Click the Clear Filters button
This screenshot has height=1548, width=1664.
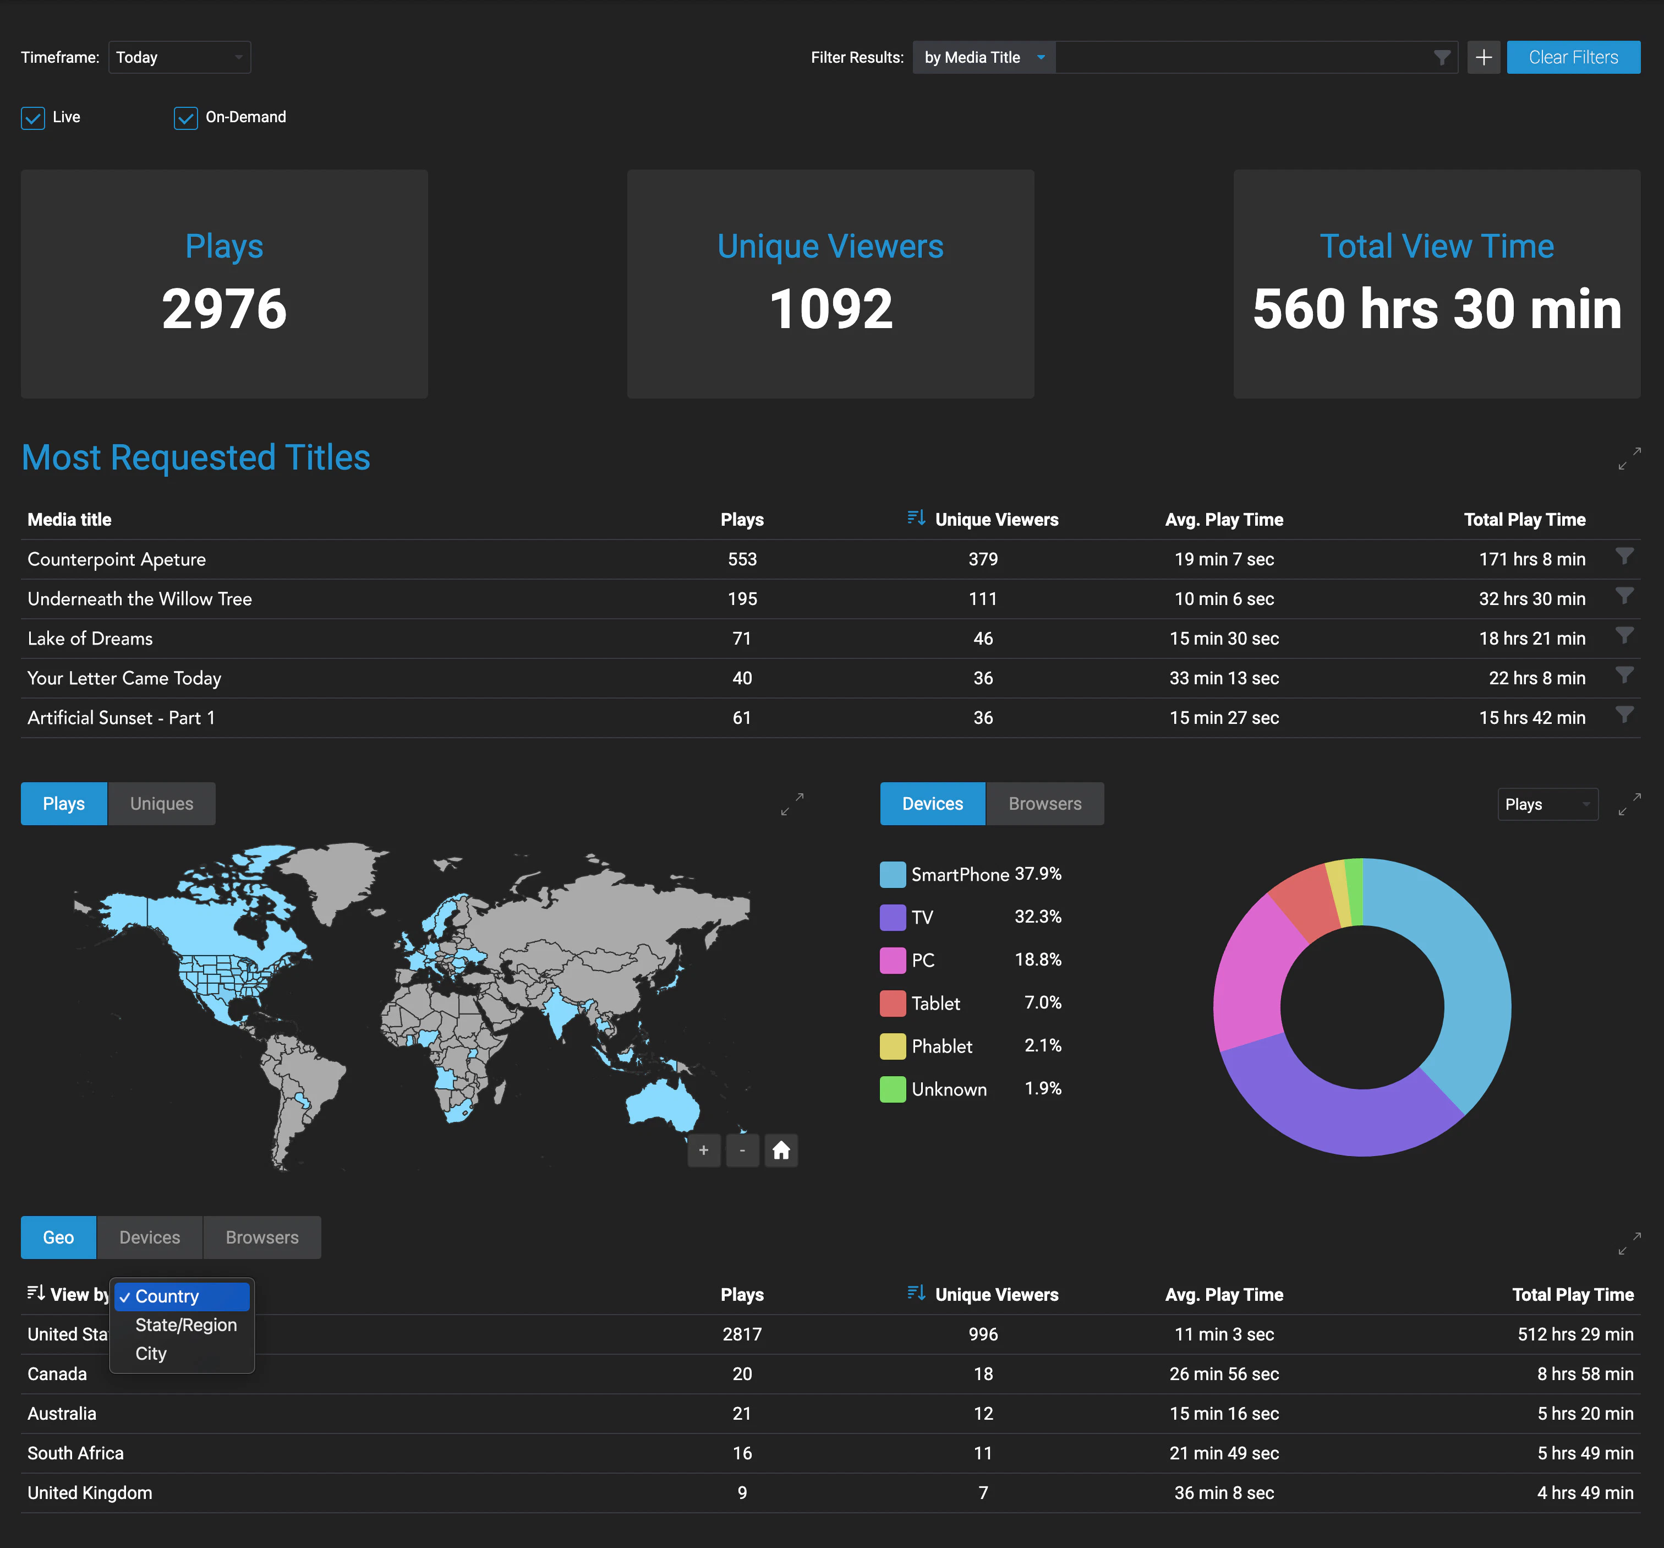coord(1573,57)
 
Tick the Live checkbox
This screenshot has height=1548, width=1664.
coord(32,118)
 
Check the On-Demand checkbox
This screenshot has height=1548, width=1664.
coord(185,118)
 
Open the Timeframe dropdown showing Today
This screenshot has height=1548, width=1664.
coord(179,57)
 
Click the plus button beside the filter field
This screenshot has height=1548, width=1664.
coord(1483,57)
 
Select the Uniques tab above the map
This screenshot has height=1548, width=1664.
coord(162,804)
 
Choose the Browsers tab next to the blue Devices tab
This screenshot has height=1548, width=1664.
coord(1044,804)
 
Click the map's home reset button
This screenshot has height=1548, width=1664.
coord(781,1151)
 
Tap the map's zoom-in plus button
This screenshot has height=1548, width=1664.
coord(704,1151)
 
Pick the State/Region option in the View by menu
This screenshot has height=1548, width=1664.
coord(186,1325)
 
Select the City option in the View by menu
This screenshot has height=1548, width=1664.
coord(151,1354)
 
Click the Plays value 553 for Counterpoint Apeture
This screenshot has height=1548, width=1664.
coord(742,559)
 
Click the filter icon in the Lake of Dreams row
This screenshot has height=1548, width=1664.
coord(1624,636)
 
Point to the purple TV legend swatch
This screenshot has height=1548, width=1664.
coord(893,918)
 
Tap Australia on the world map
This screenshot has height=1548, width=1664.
coord(663,1101)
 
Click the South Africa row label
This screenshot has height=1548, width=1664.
coord(75,1453)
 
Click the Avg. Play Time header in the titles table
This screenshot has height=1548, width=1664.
coord(1224,520)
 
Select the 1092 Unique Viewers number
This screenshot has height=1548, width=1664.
coord(830,309)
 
